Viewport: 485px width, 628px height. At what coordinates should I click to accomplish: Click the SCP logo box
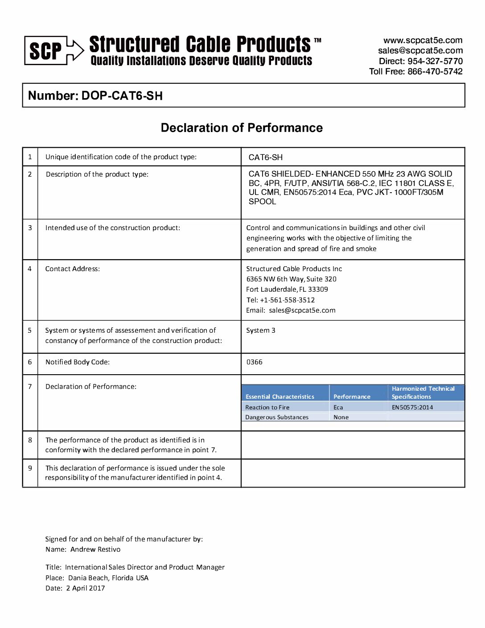pos(46,51)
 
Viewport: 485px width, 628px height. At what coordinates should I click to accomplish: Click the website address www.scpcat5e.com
pos(423,41)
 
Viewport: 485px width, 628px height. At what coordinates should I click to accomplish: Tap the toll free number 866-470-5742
pos(435,71)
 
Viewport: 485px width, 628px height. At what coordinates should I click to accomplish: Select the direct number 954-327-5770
pos(435,61)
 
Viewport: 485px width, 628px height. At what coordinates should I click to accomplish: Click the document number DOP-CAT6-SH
pos(122,96)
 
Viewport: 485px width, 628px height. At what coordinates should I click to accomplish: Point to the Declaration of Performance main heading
pos(242,128)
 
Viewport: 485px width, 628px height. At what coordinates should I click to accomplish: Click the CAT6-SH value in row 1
pos(266,157)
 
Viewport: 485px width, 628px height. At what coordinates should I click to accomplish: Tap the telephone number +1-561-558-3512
pos(287,300)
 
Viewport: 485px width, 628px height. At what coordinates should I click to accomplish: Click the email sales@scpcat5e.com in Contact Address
pos(302,310)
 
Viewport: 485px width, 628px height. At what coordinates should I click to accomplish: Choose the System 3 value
pos(261,331)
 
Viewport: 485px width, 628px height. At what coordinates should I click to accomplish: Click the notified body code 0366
pos(255,362)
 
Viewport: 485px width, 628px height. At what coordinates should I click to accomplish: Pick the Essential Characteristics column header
pos(280,397)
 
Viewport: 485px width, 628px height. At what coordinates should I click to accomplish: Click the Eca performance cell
pos(338,407)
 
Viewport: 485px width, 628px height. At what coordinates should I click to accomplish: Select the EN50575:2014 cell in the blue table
pos(412,407)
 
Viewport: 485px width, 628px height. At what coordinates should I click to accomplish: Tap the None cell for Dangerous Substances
pos(341,417)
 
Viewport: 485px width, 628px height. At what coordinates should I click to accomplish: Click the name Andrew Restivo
pos(95,549)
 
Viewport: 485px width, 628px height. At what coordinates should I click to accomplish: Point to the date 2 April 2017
pos(86,588)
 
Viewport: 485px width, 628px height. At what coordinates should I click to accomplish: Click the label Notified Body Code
pos(78,362)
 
